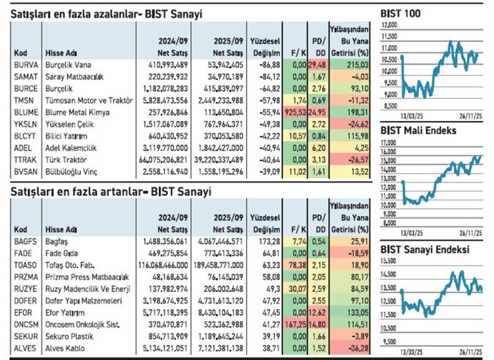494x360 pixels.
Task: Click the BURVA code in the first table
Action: tap(24, 64)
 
